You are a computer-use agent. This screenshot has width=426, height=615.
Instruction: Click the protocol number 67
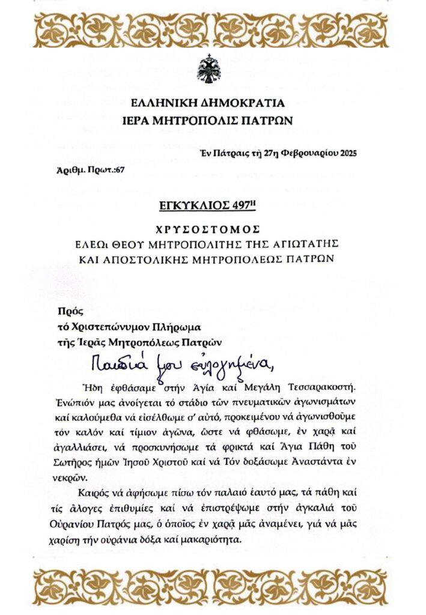coord(120,171)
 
